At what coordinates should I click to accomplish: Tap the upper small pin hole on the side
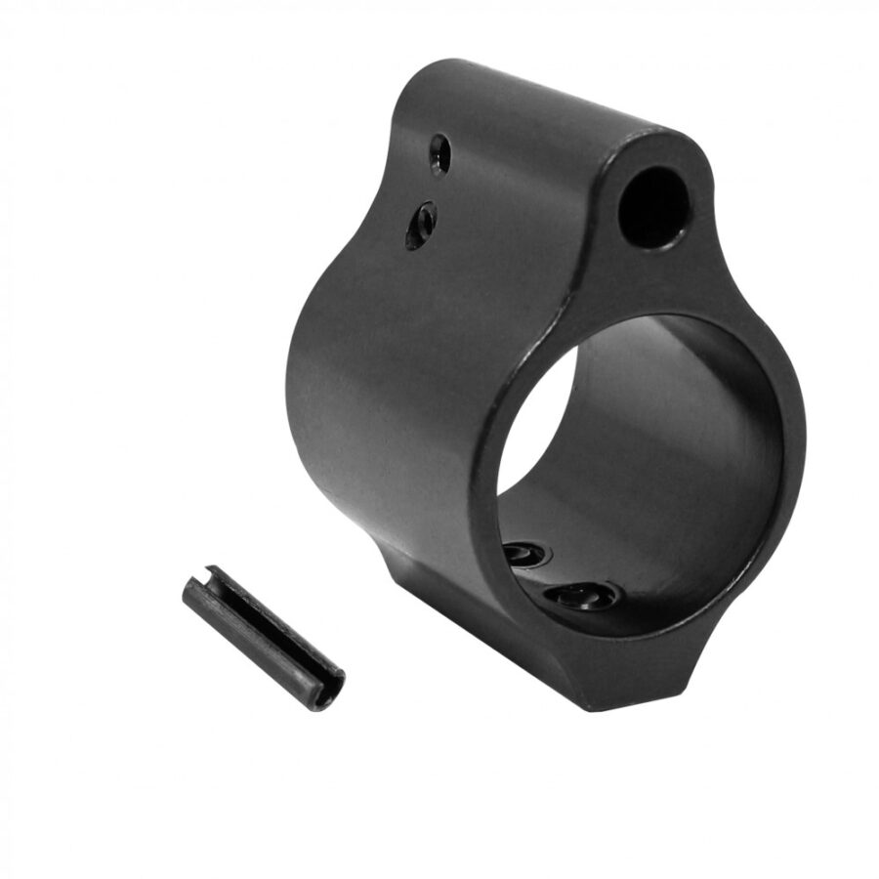pos(440,154)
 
